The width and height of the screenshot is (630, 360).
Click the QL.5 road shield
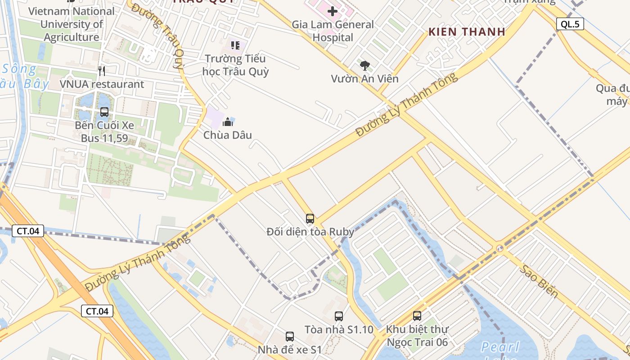pos(570,24)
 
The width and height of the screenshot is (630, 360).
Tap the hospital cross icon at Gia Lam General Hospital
pos(333,11)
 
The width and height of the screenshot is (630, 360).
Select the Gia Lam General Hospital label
pos(333,31)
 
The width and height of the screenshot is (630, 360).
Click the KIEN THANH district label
pos(467,32)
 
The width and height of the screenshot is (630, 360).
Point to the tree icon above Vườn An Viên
pos(364,66)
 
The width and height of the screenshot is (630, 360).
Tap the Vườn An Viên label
pos(364,79)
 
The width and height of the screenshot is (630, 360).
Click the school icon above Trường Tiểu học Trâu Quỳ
pos(235,45)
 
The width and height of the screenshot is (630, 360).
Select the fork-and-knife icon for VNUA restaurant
pos(102,71)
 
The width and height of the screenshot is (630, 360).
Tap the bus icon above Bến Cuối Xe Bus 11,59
pos(104,112)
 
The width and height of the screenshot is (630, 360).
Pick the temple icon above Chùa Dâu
pos(228,121)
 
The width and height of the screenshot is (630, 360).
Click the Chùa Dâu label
pos(228,135)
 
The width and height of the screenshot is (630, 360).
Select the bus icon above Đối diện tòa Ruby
pos(310,219)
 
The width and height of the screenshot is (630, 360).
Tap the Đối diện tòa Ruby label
pos(310,232)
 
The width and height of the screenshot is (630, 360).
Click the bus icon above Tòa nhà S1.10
pos(339,316)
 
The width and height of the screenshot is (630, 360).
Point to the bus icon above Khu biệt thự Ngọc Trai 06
pos(417,316)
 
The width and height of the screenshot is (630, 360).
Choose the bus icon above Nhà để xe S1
pos(290,337)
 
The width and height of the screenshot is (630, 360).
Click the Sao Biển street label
pos(540,281)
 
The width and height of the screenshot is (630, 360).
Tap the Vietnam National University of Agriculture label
pos(72,24)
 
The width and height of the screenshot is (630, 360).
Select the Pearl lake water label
pos(500,347)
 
